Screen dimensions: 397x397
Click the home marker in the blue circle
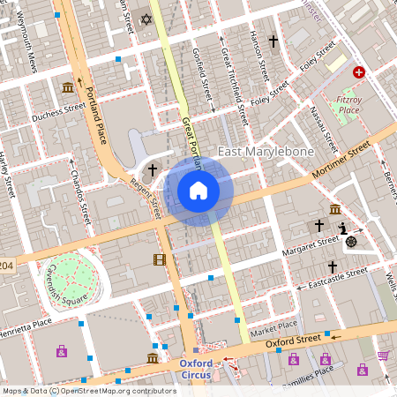point(198,190)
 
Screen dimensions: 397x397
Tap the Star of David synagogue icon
point(146,18)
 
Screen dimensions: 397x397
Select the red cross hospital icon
point(359,72)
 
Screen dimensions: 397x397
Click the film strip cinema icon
point(159,259)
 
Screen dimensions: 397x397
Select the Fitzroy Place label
point(349,104)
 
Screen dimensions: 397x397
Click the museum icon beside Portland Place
point(68,86)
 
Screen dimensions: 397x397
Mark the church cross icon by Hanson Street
point(273,41)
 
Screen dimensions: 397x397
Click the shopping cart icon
point(384,356)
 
